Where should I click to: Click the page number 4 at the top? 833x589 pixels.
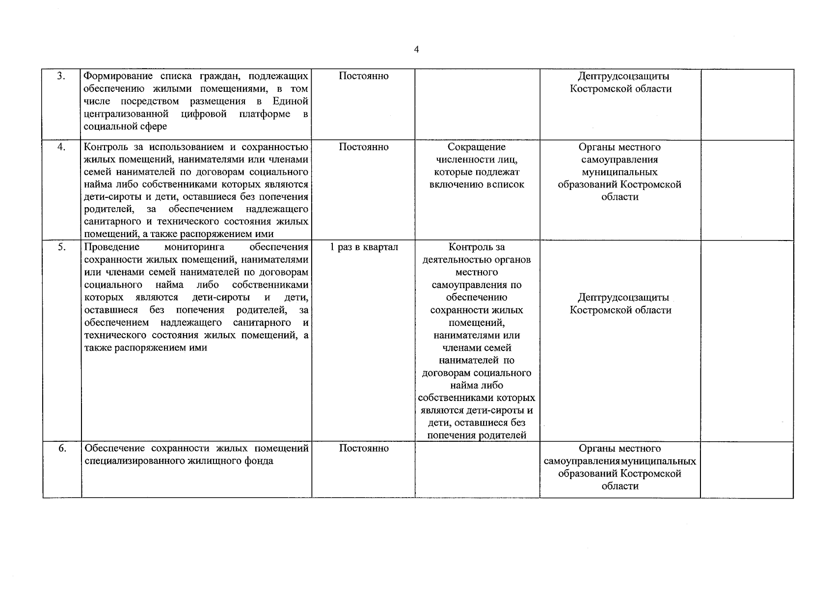click(x=416, y=50)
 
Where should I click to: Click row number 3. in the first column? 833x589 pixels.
click(x=61, y=76)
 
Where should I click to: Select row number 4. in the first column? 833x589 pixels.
click(x=61, y=147)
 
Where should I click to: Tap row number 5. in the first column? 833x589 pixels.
click(x=61, y=247)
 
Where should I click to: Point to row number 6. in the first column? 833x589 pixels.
click(x=61, y=449)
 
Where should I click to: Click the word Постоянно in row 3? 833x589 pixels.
click(x=363, y=76)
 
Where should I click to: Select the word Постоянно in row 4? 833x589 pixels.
click(x=363, y=147)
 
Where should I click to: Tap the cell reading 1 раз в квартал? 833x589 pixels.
click(x=363, y=247)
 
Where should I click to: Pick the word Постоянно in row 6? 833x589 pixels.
click(x=363, y=449)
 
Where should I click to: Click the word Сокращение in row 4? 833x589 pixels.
click(x=476, y=147)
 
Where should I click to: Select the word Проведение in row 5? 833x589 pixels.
click(x=112, y=247)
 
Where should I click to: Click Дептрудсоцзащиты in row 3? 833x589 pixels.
click(x=623, y=76)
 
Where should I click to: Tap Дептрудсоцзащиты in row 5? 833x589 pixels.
click(x=623, y=298)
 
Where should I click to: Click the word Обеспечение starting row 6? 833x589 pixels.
click(x=114, y=449)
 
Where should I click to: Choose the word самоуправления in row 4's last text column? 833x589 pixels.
click(x=619, y=160)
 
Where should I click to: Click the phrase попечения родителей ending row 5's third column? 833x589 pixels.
click(x=477, y=435)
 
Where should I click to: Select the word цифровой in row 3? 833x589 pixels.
click(x=203, y=114)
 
